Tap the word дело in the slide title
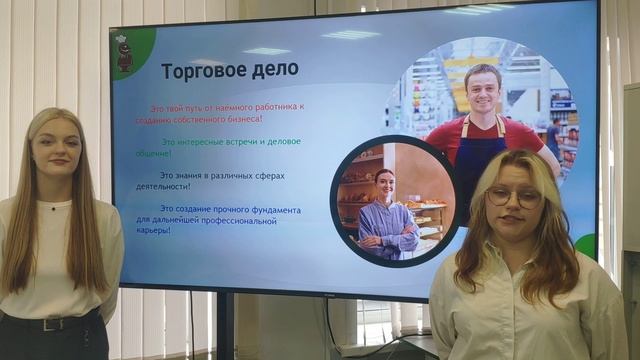(x=276, y=71)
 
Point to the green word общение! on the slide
(x=153, y=153)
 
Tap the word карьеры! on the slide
(x=153, y=230)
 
